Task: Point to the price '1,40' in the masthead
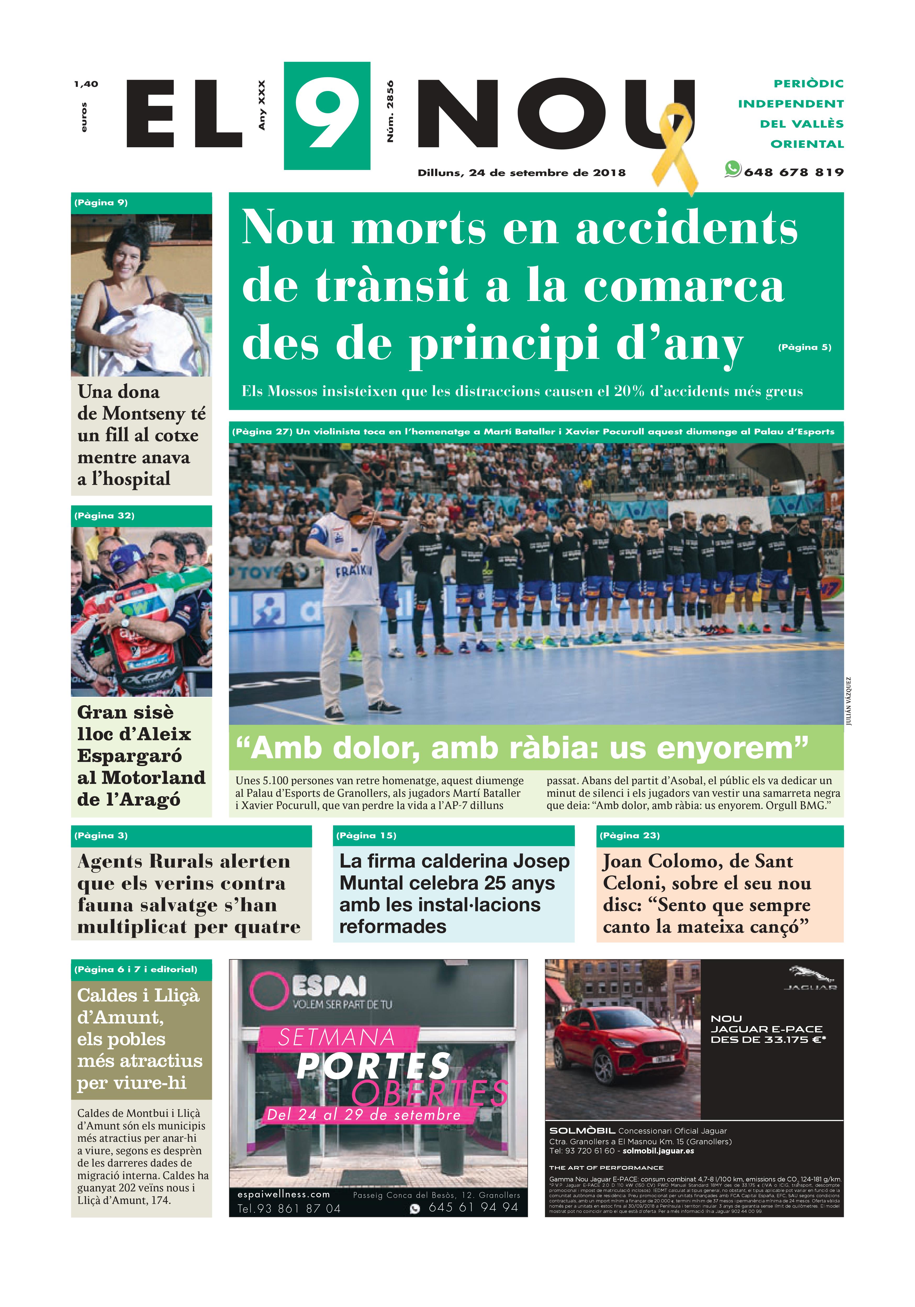point(86,84)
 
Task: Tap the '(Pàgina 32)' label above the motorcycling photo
point(104,516)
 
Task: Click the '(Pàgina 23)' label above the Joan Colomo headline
point(629,836)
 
